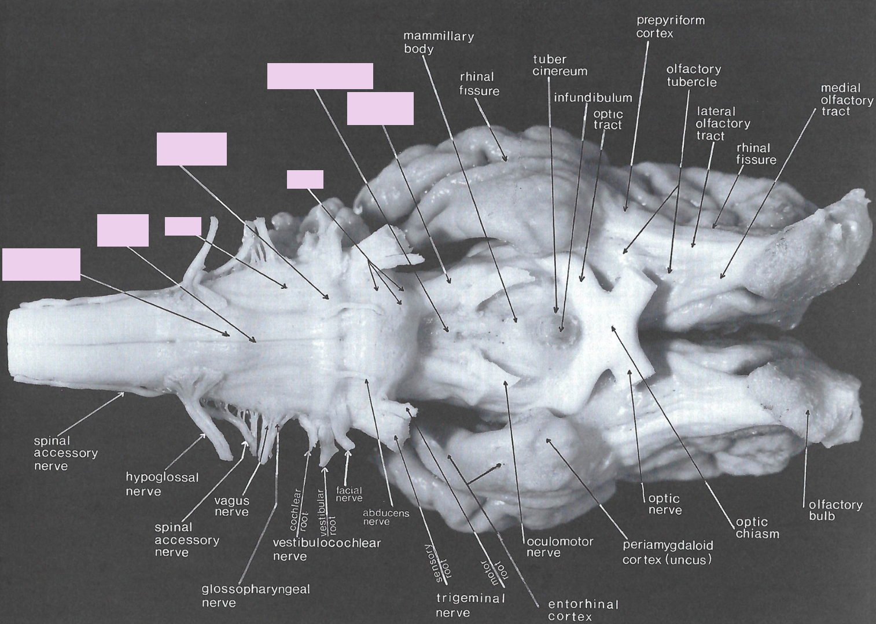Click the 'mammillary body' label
pyautogui.click(x=438, y=42)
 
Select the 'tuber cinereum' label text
pyautogui.click(x=560, y=65)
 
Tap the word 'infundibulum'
pyautogui.click(x=592, y=97)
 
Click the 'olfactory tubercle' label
pyautogui.click(x=693, y=75)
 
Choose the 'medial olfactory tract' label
pyautogui.click(x=846, y=100)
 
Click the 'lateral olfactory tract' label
pyautogui.click(x=722, y=123)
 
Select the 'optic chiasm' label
pyautogui.click(x=757, y=527)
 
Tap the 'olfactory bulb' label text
pyautogui.click(x=835, y=510)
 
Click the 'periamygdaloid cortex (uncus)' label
pyautogui.click(x=667, y=552)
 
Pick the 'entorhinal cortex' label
pyautogui.click(x=583, y=610)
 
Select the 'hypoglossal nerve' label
pyautogui.click(x=161, y=484)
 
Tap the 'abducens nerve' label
pyautogui.click(x=385, y=517)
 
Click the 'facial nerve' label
pyautogui.click(x=349, y=494)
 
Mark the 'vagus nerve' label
pyautogui.click(x=231, y=506)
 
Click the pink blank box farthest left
pyautogui.click(x=41, y=265)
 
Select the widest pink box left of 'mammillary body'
pyautogui.click(x=320, y=76)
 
